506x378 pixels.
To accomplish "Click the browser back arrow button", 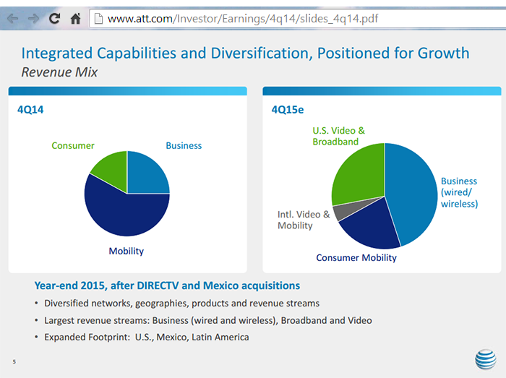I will (12, 19).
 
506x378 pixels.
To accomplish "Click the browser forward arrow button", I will (33, 19).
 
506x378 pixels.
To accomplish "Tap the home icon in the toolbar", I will (75, 19).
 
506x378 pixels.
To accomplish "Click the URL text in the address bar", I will (242, 19).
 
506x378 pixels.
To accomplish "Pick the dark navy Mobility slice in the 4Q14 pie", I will (126, 213).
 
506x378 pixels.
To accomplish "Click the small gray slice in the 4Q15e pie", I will (340, 212).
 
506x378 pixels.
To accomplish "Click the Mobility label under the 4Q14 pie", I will (126, 251).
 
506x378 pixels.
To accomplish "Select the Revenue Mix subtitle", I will (59, 72).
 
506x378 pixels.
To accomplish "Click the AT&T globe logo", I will (485, 359).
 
